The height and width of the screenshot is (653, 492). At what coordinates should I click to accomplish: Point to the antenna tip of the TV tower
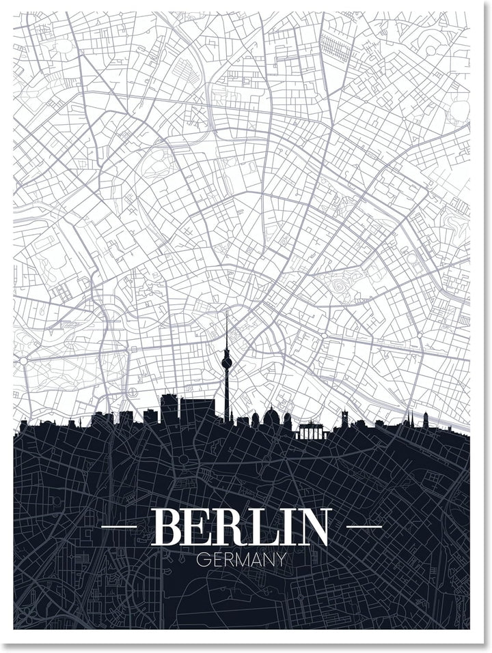point(226,314)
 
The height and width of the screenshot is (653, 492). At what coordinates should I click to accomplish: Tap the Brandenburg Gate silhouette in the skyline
point(312,431)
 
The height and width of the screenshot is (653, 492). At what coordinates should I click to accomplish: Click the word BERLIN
point(241,527)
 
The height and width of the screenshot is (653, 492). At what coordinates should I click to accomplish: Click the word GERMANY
point(241,560)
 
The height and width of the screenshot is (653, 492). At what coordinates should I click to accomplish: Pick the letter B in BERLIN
point(167,527)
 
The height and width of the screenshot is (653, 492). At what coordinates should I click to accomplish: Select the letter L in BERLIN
point(261,527)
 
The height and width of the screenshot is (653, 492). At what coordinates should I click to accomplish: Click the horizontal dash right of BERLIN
point(364,527)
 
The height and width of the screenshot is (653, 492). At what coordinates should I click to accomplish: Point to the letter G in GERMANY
point(202,560)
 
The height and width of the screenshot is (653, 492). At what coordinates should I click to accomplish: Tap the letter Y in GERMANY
point(280,560)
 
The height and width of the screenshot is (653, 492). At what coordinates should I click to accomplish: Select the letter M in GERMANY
point(243,560)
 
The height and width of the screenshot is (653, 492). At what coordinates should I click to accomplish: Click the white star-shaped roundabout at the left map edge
point(23,360)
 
